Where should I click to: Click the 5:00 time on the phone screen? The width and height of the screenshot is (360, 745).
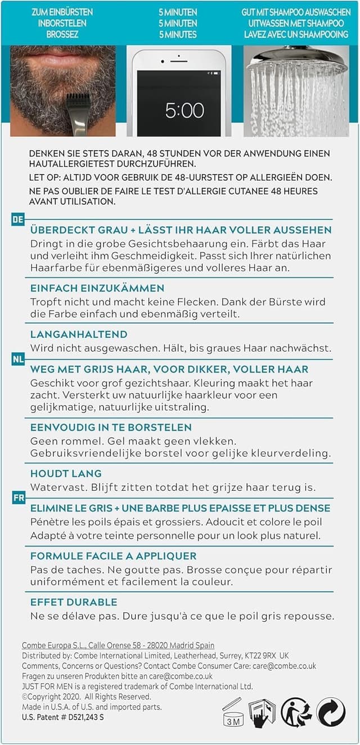coord(184,110)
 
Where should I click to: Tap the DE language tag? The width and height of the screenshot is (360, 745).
coord(18,219)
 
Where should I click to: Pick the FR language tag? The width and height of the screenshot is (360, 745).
coord(18,498)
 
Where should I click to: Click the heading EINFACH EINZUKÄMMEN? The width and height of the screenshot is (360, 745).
coord(97,288)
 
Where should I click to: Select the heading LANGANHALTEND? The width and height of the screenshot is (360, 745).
coord(79,334)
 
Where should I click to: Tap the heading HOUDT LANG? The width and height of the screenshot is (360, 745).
coord(66,473)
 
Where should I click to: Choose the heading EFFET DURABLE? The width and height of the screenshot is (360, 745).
coord(74,602)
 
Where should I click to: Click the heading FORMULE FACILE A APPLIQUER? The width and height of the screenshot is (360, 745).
coord(113,556)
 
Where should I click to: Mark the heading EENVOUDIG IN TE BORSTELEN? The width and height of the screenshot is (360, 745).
coord(111,427)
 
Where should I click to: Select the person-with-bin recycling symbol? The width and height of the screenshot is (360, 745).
coord(296,712)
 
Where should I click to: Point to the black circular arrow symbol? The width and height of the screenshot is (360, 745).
coord(331,712)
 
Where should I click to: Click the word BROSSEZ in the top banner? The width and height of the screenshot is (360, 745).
coord(62,35)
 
